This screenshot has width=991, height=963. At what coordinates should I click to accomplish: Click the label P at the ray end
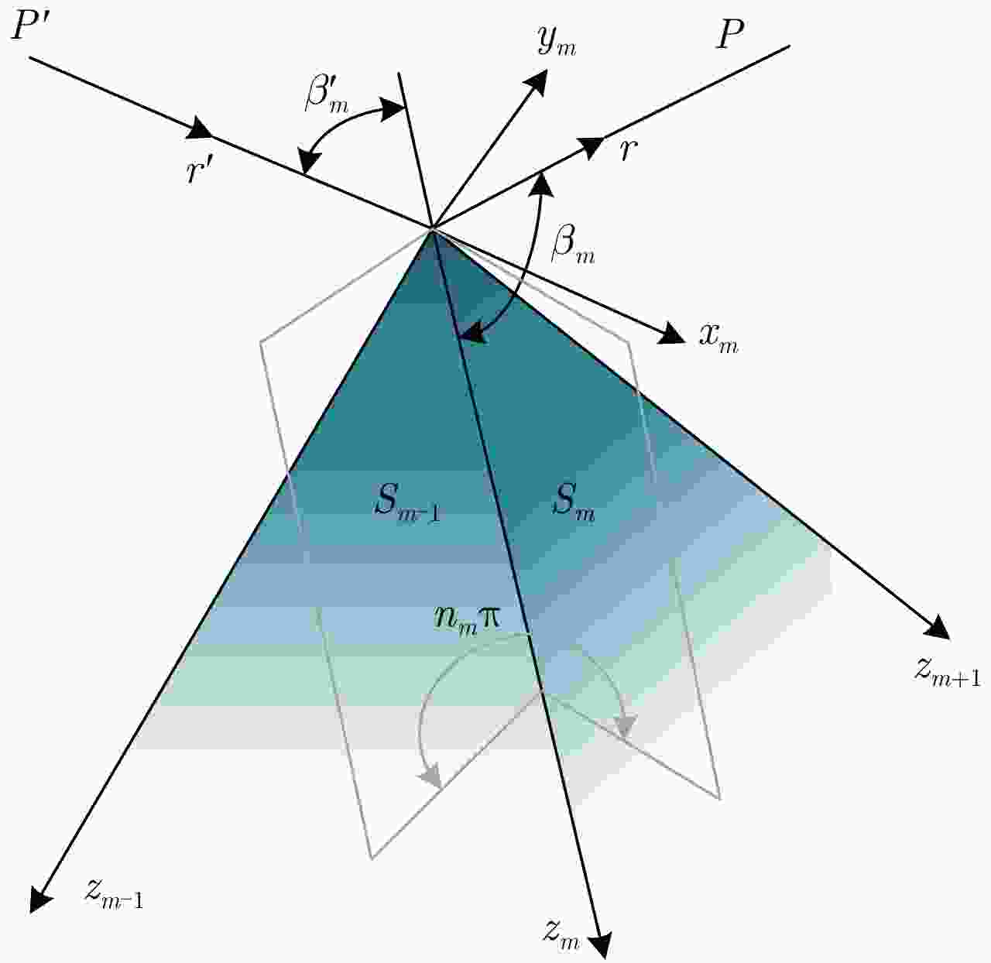(730, 35)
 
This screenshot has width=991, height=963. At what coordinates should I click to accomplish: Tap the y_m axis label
(557, 42)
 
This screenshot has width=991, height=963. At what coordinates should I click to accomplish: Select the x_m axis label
(718, 338)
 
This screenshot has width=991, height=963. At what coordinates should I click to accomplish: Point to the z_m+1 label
(947, 673)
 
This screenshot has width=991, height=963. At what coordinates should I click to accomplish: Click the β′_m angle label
(327, 96)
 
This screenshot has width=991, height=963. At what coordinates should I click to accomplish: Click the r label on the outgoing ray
(629, 151)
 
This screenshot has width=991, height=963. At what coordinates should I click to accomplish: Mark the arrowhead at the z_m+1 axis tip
(936, 628)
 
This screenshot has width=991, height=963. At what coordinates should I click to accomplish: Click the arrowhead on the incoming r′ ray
(199, 130)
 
